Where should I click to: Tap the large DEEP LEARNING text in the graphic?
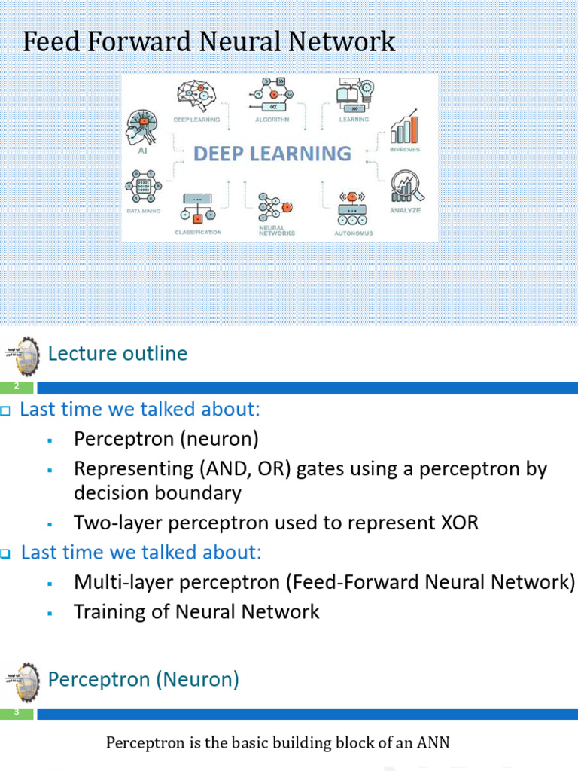pyautogui.click(x=272, y=154)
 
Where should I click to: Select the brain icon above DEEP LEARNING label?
pyautogui.click(x=196, y=96)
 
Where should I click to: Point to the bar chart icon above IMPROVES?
pyautogui.click(x=404, y=127)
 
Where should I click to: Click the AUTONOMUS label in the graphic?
pyautogui.click(x=353, y=233)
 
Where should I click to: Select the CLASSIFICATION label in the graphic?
pyautogui.click(x=198, y=233)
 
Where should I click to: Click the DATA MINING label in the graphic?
pyautogui.click(x=142, y=212)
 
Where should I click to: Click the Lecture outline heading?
pyautogui.click(x=117, y=353)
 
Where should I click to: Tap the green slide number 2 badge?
pyautogui.click(x=17, y=387)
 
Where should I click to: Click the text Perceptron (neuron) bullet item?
pyautogui.click(x=166, y=439)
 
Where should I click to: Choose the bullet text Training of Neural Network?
pyautogui.click(x=196, y=611)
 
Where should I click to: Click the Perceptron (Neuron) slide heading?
pyautogui.click(x=143, y=680)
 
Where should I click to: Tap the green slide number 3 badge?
pyautogui.click(x=17, y=713)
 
